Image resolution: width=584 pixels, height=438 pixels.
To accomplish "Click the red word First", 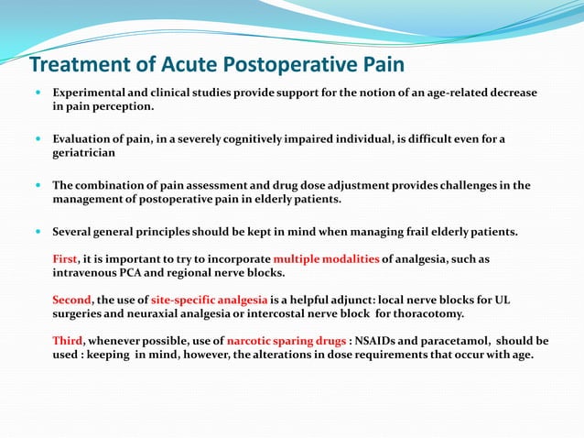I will tap(65, 259).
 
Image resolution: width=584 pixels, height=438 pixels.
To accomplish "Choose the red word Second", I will tap(71, 300).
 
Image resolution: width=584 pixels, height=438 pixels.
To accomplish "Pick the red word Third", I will tap(68, 340).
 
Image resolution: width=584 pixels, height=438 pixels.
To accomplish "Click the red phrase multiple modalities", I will tap(326, 259).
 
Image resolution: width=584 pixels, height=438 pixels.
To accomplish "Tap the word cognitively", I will tap(289, 138).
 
